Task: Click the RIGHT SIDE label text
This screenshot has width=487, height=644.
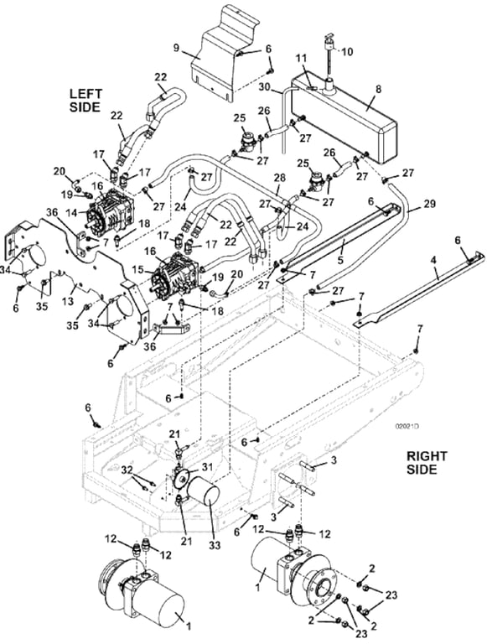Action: tap(424, 462)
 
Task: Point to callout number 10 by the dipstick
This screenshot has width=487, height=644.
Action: tap(347, 51)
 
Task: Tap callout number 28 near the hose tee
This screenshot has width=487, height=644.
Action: tap(280, 178)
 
